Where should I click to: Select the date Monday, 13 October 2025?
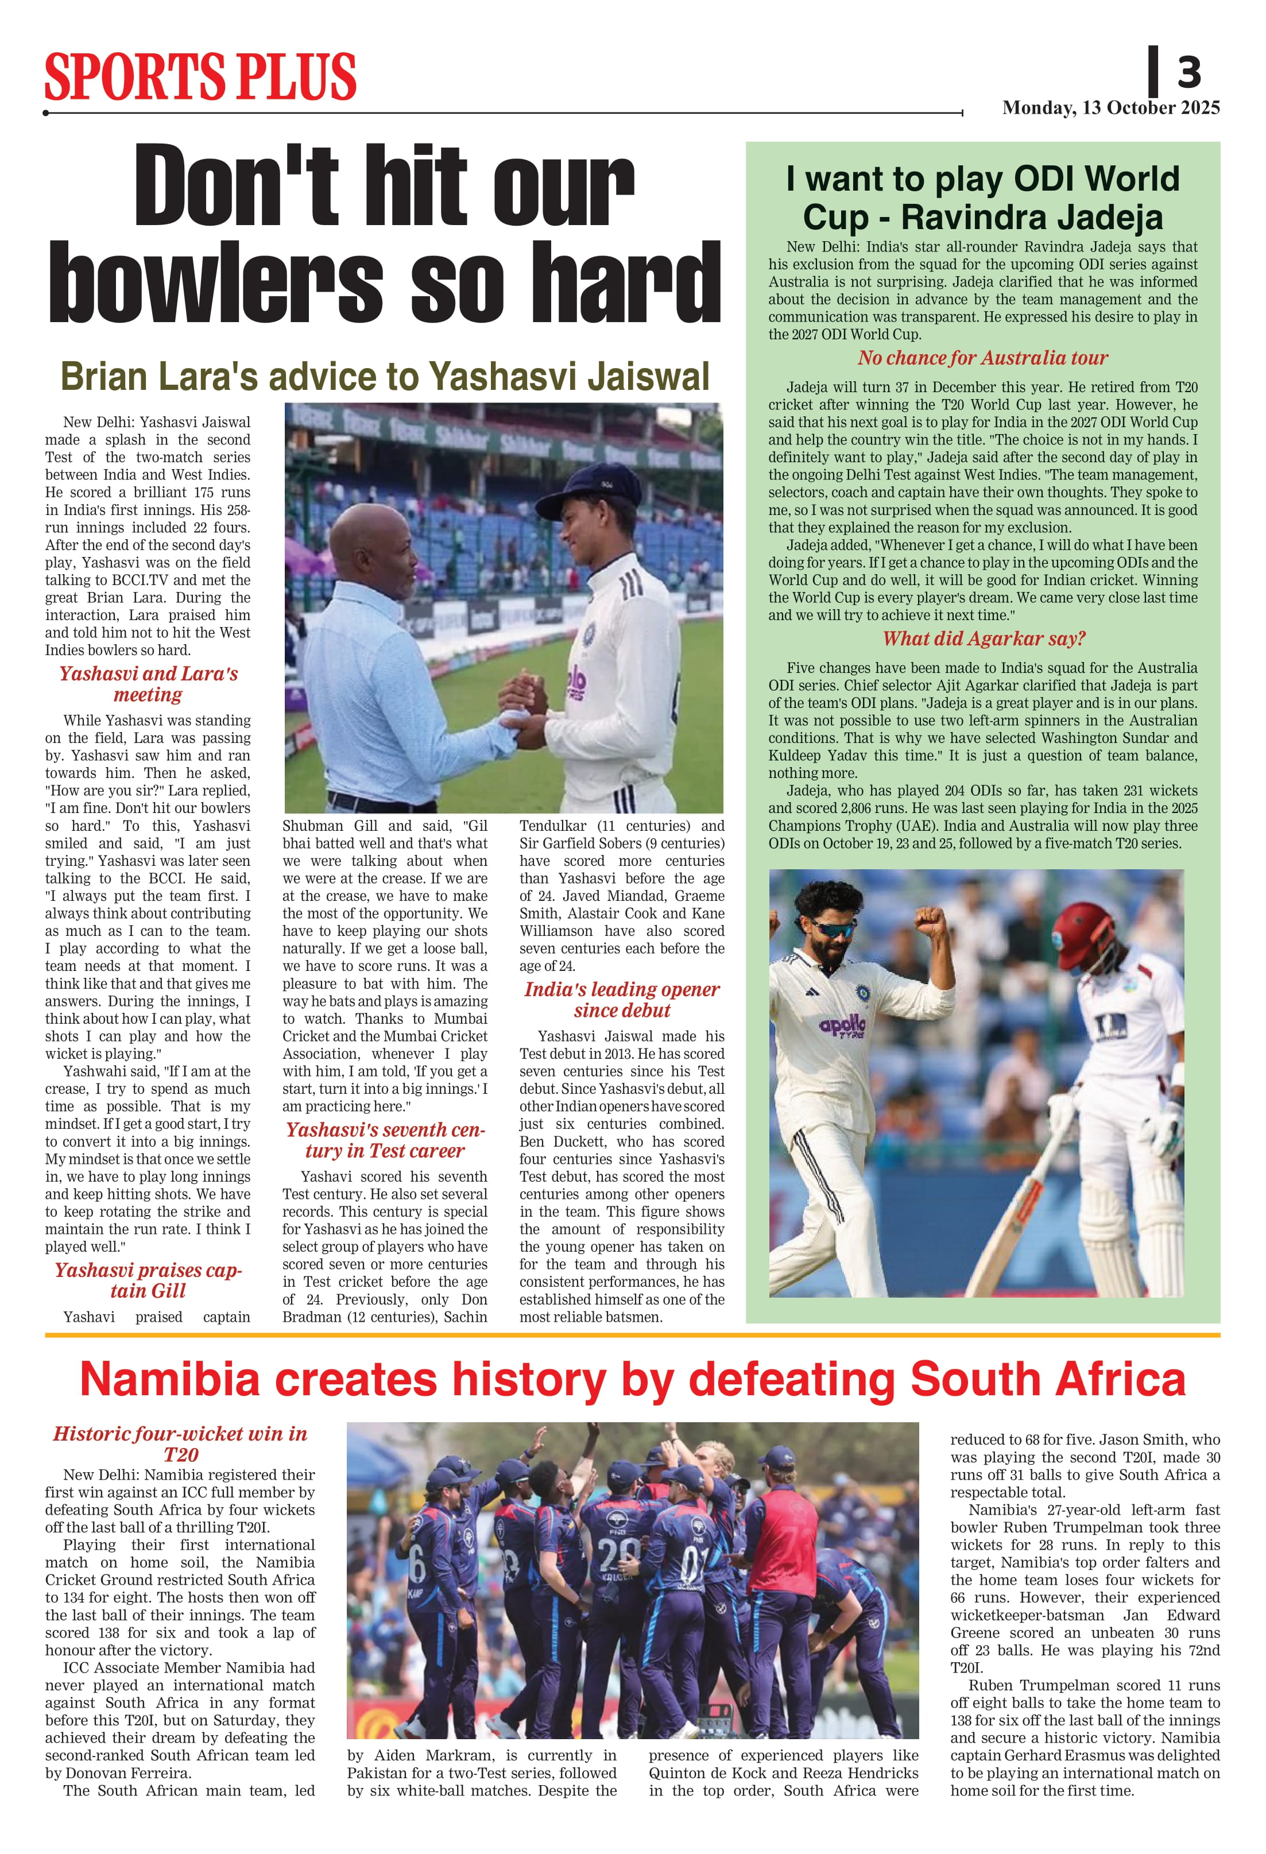click(x=1110, y=108)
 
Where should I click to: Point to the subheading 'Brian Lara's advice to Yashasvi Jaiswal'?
click(x=385, y=377)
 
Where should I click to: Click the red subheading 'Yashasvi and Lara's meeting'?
click(x=148, y=684)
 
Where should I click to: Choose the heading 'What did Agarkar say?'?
click(x=983, y=638)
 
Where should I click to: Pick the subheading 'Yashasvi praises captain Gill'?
click(x=148, y=1280)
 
